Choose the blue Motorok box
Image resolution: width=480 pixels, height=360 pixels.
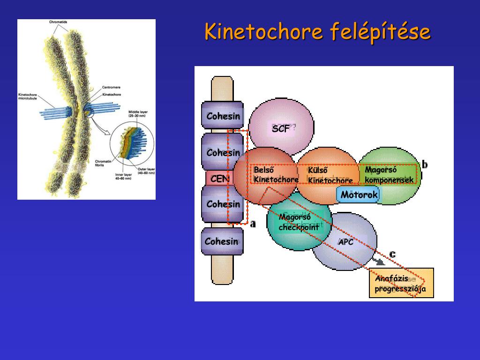[x=359, y=195]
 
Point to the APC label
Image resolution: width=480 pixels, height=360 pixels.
[x=346, y=242]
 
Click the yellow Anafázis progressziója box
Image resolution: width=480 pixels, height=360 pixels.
[x=401, y=284]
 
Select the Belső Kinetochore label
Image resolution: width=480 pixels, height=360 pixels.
[x=276, y=175]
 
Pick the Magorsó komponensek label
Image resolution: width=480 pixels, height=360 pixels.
[x=389, y=175]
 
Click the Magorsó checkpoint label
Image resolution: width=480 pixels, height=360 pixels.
[x=299, y=222]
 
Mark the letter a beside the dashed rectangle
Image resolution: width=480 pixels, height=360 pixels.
[x=253, y=224]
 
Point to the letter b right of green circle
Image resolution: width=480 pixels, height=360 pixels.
[x=425, y=165]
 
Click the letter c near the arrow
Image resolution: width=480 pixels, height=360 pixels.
[x=392, y=254]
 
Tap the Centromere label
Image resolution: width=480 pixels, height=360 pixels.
[x=112, y=87]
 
